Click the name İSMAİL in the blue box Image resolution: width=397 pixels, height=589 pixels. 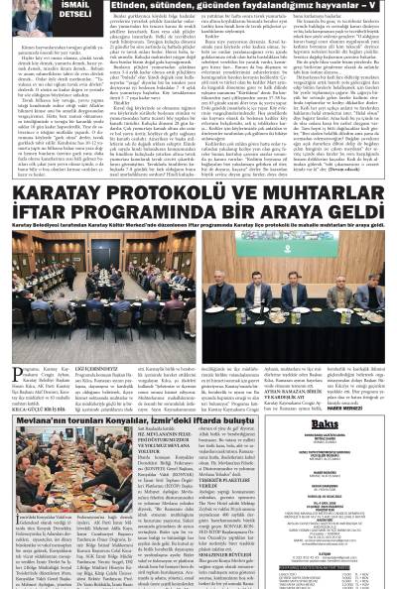71,6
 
